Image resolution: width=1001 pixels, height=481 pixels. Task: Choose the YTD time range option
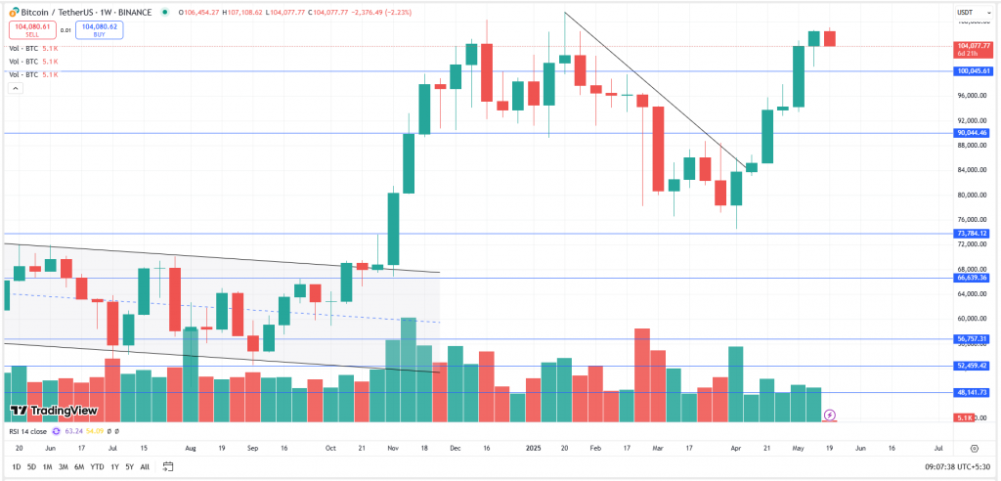pyautogui.click(x=97, y=466)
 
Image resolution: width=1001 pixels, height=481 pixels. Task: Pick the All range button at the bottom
pyautogui.click(x=146, y=466)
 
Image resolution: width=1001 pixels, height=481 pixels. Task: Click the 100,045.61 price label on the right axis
pyautogui.click(x=973, y=71)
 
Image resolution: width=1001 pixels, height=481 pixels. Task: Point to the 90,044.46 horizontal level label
pyautogui.click(x=973, y=133)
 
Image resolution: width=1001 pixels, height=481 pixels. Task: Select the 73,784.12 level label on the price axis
pyautogui.click(x=973, y=234)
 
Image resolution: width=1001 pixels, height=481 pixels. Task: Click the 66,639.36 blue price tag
pyautogui.click(x=973, y=278)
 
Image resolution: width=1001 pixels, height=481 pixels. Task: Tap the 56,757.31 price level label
pyautogui.click(x=973, y=339)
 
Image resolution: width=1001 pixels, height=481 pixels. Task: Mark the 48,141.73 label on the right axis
pyautogui.click(x=973, y=392)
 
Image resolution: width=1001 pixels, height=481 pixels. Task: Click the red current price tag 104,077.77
pyautogui.click(x=973, y=46)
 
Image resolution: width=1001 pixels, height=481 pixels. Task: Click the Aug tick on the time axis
pyautogui.click(x=191, y=447)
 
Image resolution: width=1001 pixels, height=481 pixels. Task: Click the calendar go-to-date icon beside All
pyautogui.click(x=168, y=466)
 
